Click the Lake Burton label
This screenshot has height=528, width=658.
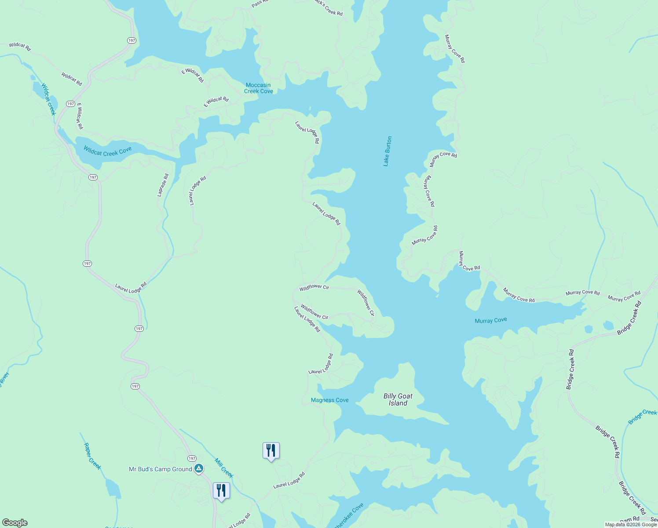pyautogui.click(x=387, y=151)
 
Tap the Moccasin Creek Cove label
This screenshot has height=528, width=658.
pyautogui.click(x=259, y=88)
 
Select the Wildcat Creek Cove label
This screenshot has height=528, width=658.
pyautogui.click(x=107, y=151)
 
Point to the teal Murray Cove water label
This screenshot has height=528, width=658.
pyautogui.click(x=491, y=320)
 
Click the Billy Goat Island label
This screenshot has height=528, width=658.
pyautogui.click(x=398, y=400)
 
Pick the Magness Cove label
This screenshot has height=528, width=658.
pyautogui.click(x=329, y=400)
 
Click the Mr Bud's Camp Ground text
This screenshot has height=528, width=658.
pyautogui.click(x=160, y=469)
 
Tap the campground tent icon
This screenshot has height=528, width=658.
pyautogui.click(x=199, y=469)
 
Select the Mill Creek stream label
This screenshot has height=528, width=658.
pyautogui.click(x=224, y=468)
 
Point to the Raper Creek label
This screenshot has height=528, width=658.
pyautogui.click(x=92, y=456)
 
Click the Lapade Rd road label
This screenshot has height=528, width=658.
pyautogui.click(x=163, y=185)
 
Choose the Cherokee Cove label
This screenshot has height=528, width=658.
pyautogui.click(x=348, y=516)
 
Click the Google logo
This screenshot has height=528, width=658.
pyautogui.click(x=15, y=523)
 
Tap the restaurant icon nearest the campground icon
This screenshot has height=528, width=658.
pyautogui.click(x=221, y=490)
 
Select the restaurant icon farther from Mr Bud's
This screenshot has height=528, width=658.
pyautogui.click(x=271, y=450)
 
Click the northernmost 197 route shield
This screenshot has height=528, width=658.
pyautogui.click(x=132, y=40)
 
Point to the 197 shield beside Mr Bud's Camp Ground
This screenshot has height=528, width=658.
pyautogui.click(x=192, y=458)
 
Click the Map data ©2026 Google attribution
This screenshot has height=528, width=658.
pyautogui.click(x=631, y=524)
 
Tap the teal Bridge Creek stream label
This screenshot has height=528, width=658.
pyautogui.click(x=642, y=417)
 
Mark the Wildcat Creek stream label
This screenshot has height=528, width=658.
pyautogui.click(x=49, y=99)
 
